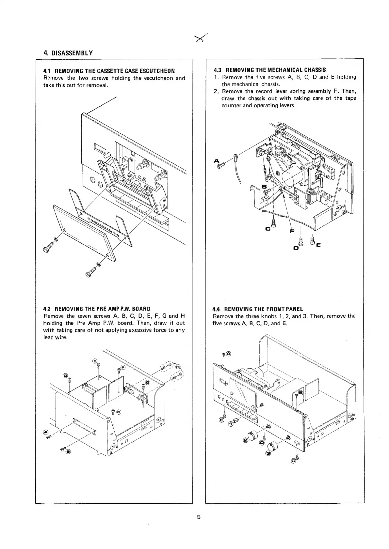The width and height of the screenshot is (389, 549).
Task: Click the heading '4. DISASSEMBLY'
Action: click(x=68, y=53)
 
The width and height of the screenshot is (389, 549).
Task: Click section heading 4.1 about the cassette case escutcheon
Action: click(x=109, y=71)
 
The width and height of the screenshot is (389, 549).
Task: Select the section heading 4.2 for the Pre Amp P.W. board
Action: click(x=97, y=309)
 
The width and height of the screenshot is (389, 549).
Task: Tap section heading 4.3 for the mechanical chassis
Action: click(x=269, y=70)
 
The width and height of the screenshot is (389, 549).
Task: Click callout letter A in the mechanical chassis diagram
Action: click(x=216, y=160)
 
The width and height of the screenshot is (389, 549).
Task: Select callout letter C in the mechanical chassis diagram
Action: click(x=268, y=229)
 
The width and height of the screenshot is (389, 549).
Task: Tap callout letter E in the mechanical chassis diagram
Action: click(x=318, y=245)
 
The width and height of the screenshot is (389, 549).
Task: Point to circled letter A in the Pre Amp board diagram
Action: click(x=45, y=433)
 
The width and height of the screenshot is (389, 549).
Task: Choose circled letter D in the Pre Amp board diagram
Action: click(x=65, y=375)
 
